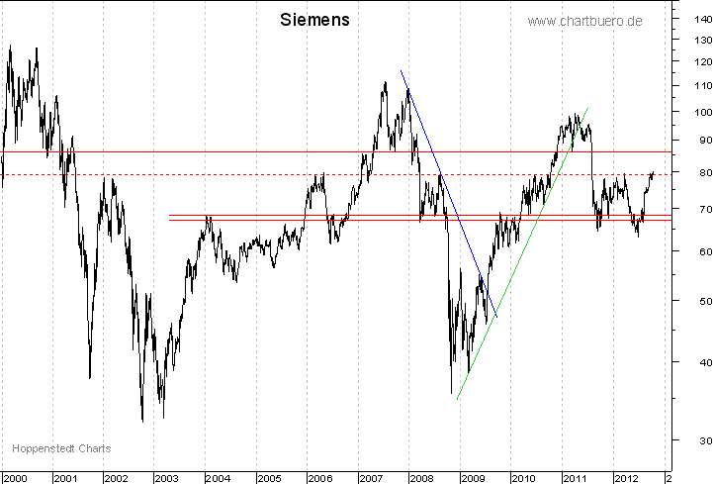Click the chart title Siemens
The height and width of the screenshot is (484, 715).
coord(314,20)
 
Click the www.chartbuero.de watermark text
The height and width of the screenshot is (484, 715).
coord(584,21)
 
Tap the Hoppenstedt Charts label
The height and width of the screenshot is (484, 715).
coord(61,448)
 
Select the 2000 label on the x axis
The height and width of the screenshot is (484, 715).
coord(15,478)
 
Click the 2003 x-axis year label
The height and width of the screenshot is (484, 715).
coord(166,478)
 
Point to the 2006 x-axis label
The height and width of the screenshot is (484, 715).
coord(319,478)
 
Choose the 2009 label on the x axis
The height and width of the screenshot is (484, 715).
coord(472,478)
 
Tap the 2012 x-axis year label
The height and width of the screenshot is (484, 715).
coord(624,478)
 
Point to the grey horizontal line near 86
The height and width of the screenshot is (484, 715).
coord(247,151)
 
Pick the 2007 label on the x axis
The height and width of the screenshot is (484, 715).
coord(370,478)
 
